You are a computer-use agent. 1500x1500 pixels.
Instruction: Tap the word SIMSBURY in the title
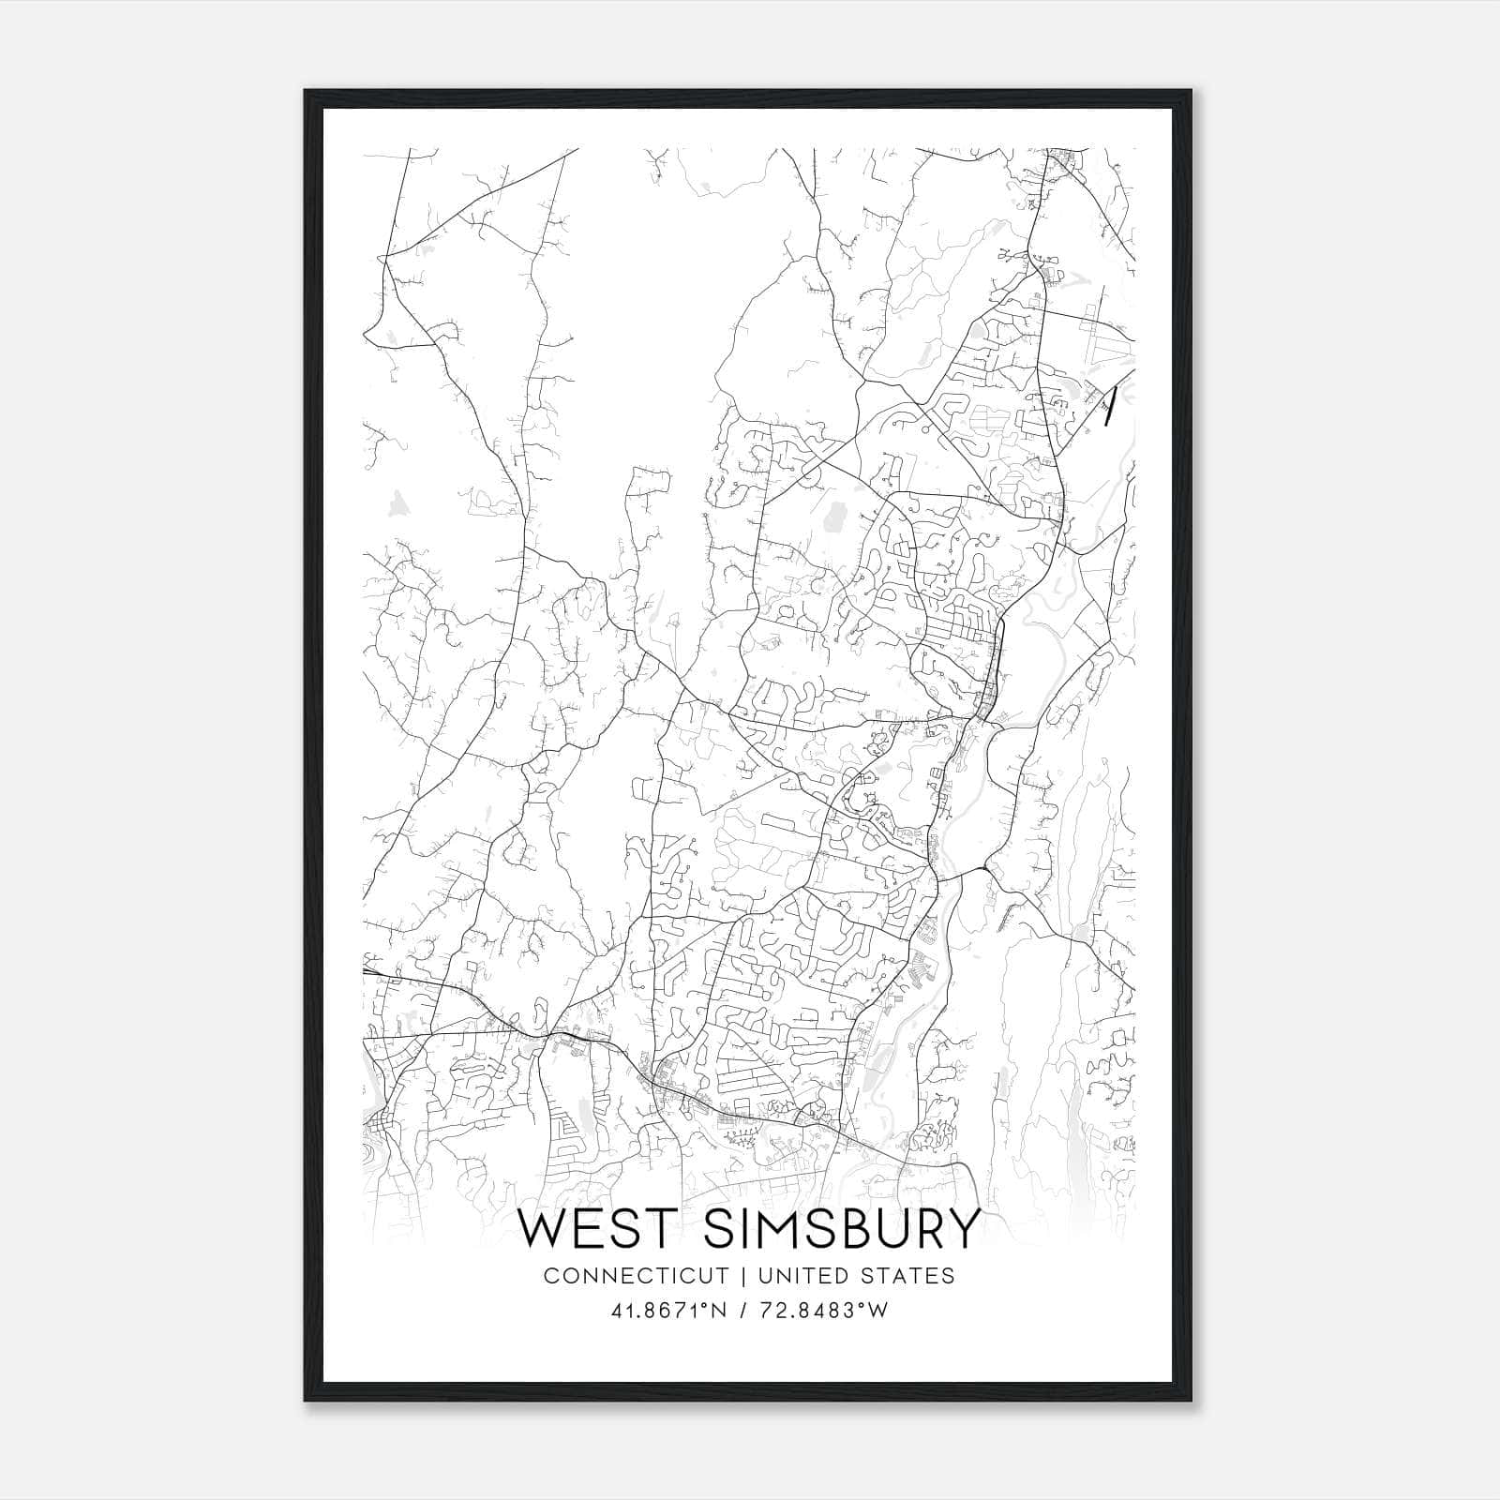coord(841,1229)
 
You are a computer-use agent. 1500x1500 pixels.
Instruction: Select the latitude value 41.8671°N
coord(669,1311)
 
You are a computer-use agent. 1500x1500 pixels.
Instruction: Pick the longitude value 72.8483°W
coord(825,1311)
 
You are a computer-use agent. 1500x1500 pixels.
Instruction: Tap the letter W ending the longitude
coord(878,1311)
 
